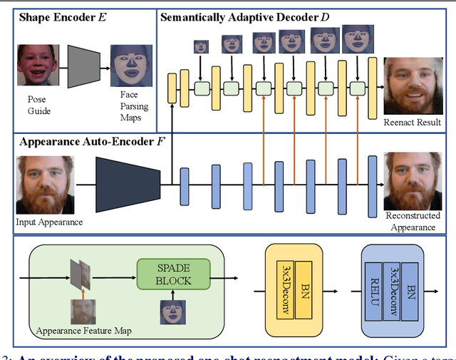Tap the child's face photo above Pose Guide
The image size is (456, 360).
coord(36,64)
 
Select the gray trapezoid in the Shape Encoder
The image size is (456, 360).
coord(83,66)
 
